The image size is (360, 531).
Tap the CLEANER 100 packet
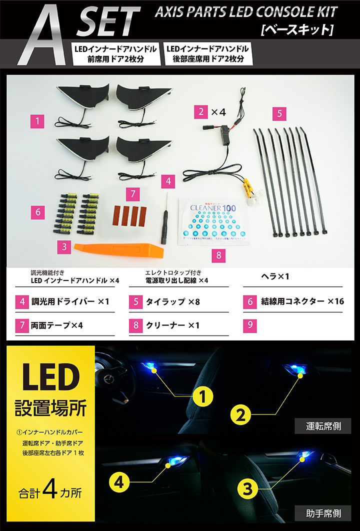coord(214,221)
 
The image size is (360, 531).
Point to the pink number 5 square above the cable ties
coord(280,113)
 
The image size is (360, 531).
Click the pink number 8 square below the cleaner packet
coord(216,255)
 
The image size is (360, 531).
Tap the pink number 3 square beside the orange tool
coord(63,246)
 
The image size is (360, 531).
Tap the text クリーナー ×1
coord(172,325)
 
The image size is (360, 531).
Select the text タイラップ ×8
coord(172,302)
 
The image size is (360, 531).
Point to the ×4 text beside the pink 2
coord(218,112)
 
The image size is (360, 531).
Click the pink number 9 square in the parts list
coord(250,325)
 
